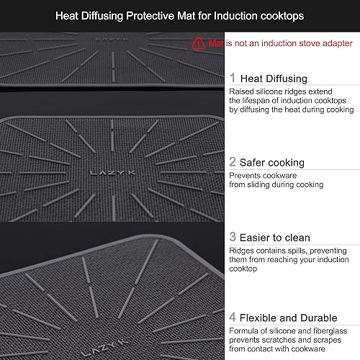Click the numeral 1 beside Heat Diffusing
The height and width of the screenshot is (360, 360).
tap(233, 77)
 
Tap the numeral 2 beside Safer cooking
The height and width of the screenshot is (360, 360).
tap(233, 162)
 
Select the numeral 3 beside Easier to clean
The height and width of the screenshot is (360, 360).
tap(233, 237)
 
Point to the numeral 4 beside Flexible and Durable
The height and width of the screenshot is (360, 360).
tap(233, 318)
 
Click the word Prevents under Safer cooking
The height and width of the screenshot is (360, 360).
tap(246, 175)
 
